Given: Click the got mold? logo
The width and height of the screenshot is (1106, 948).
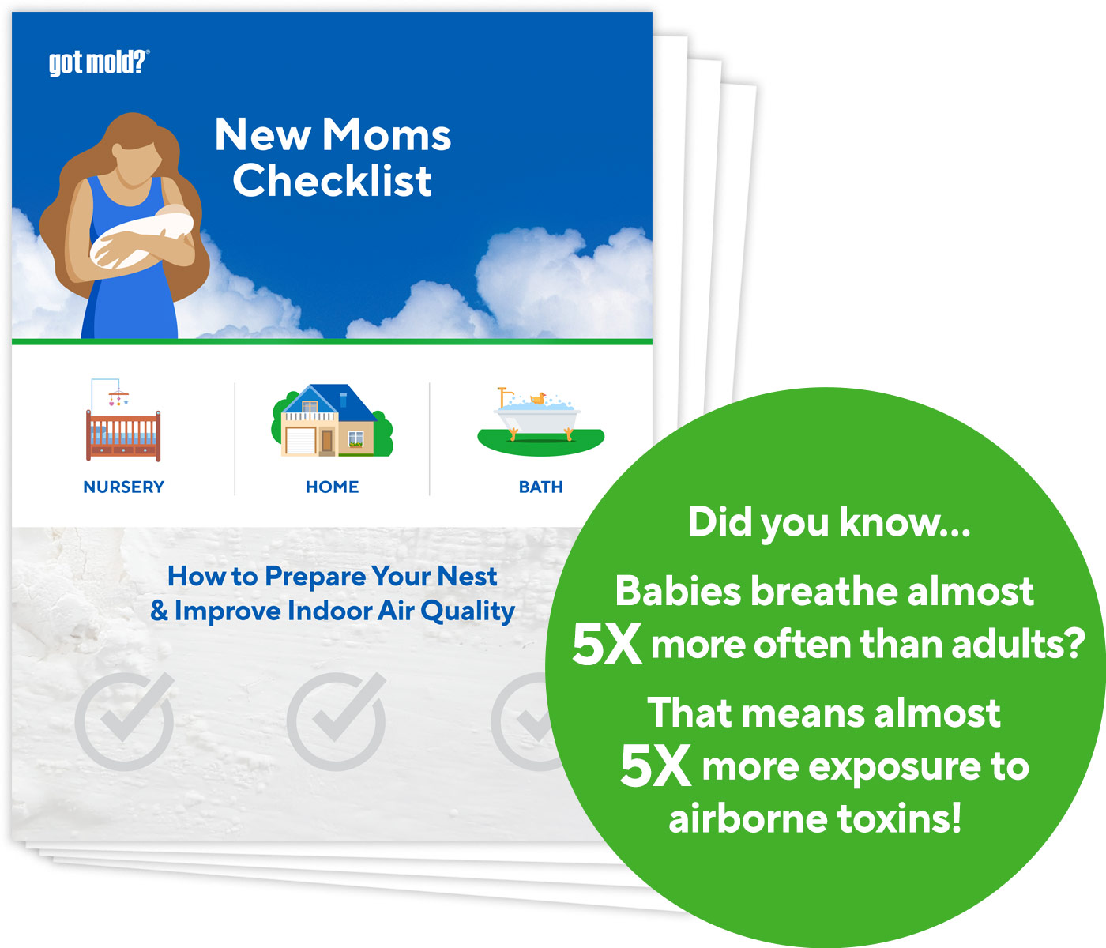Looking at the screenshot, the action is pos(99,62).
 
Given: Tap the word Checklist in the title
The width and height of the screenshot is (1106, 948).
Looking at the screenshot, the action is pos(333,180).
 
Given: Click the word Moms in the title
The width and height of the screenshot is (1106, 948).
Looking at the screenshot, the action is pos(386,134).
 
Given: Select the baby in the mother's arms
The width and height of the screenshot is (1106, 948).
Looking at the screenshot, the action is pos(141,239).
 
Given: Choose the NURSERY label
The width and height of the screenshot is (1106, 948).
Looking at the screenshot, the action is pos(123,487).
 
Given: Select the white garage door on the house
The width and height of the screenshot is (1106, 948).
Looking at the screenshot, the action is pos(301,441).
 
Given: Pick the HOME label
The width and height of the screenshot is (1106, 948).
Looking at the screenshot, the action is pos(333,487).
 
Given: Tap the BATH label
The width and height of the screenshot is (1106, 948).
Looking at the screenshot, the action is pos(540,487).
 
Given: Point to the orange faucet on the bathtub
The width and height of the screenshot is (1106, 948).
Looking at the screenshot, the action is pos(503,397).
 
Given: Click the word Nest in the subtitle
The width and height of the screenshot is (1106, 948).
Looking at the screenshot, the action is pos(467,576).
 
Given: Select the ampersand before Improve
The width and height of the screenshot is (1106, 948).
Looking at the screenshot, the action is pos(159,611).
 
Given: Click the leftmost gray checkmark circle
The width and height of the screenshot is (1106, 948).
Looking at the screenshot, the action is pos(124,721).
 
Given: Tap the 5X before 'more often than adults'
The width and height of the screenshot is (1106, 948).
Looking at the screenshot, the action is pos(607,644).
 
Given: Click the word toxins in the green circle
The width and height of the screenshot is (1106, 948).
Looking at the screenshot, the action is pos(899,818).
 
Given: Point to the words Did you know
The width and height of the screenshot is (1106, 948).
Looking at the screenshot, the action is pos(829,523).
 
